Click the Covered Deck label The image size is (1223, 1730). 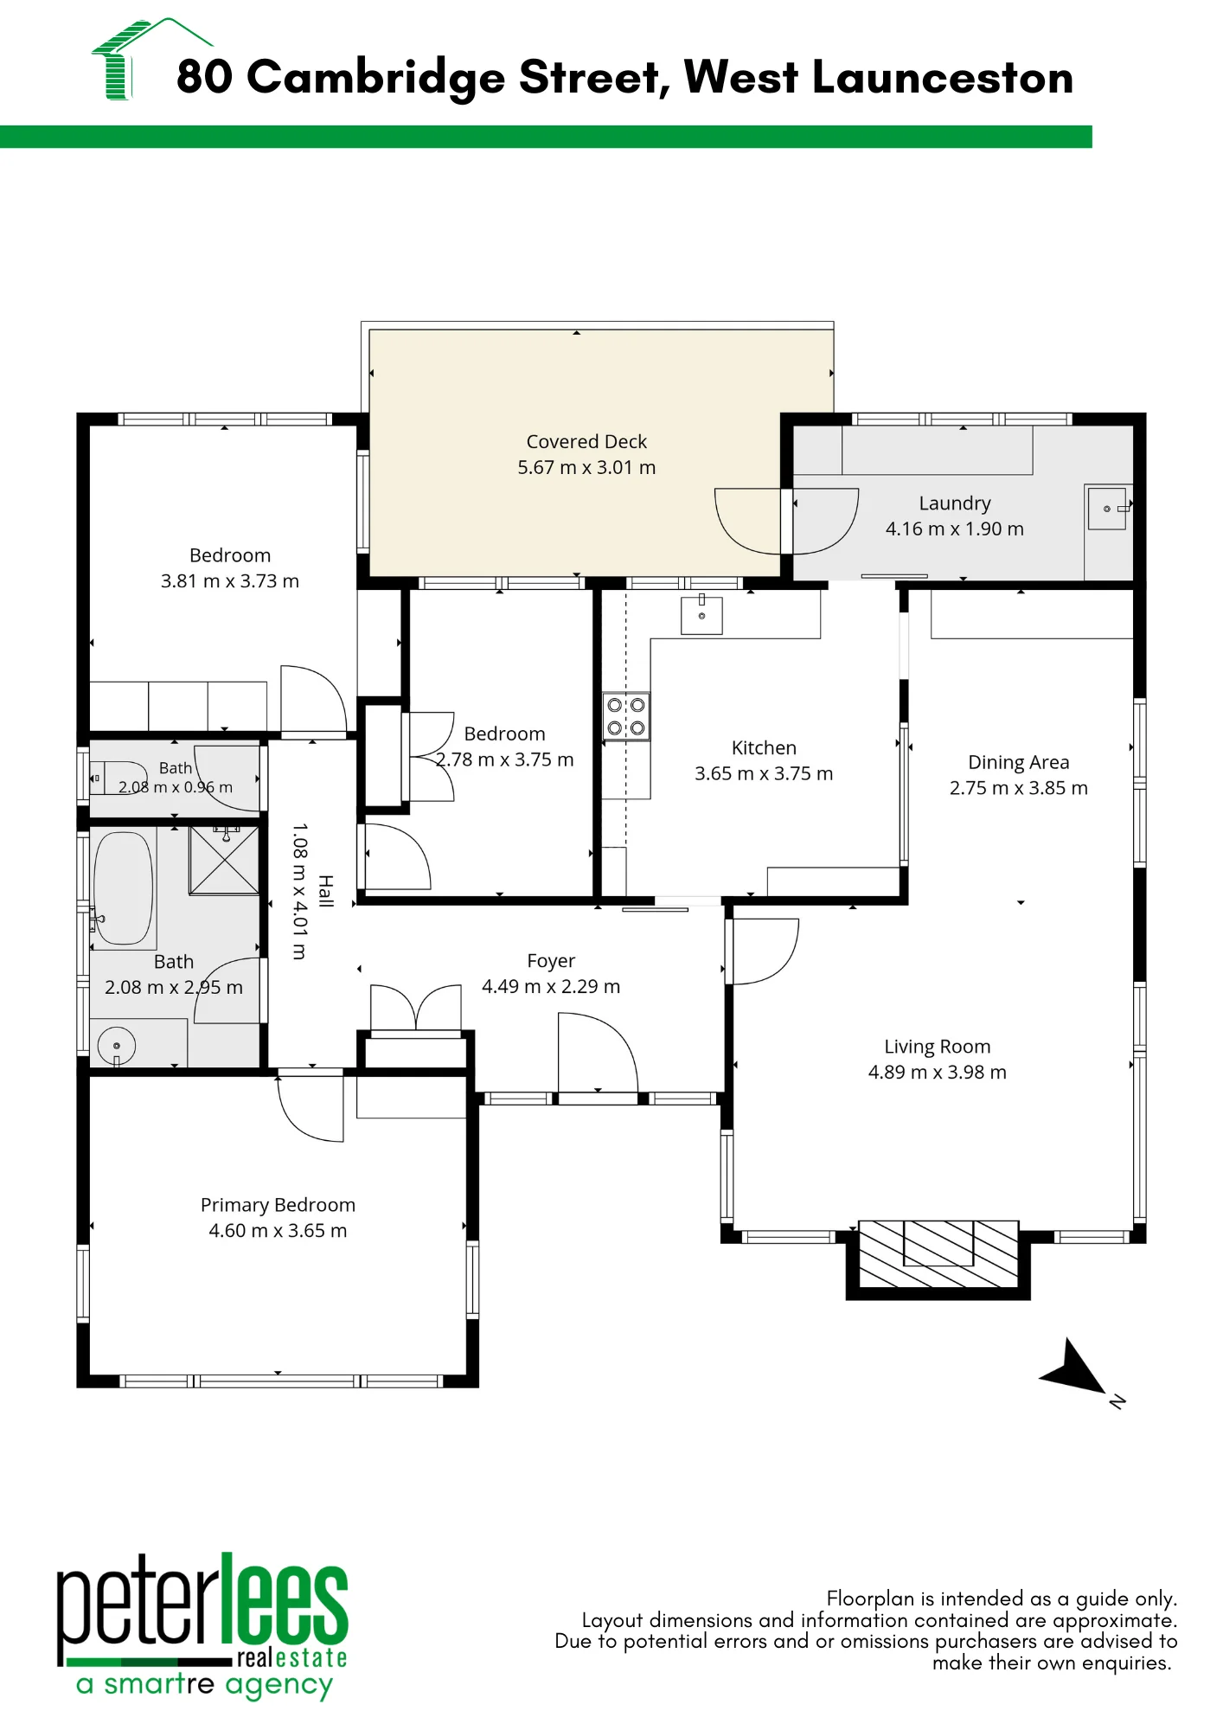(x=586, y=442)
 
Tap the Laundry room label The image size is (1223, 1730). (x=955, y=503)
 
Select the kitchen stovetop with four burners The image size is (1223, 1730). (x=626, y=716)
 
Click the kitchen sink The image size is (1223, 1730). (x=701, y=615)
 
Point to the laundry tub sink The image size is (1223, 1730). (x=1107, y=509)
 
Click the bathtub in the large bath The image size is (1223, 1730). (x=124, y=888)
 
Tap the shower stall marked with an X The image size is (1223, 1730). (x=224, y=860)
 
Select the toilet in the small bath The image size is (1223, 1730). (x=119, y=778)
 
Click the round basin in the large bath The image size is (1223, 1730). (x=116, y=1046)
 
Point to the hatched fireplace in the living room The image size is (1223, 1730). (x=938, y=1254)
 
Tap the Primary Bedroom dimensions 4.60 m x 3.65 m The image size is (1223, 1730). (x=278, y=1231)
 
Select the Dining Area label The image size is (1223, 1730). (x=1019, y=763)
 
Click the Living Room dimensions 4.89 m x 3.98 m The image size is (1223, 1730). (x=938, y=1073)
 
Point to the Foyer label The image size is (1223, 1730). (x=551, y=961)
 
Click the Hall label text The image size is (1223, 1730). (x=325, y=891)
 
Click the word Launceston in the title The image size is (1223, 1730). (x=943, y=78)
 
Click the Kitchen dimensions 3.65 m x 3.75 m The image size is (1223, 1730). (x=764, y=774)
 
